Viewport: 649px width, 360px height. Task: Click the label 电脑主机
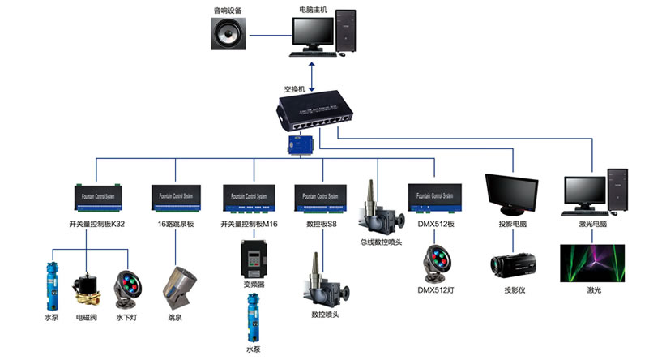[x=314, y=10]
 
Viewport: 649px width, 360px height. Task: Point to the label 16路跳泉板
[x=176, y=224]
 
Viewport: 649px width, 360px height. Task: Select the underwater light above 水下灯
[x=126, y=285]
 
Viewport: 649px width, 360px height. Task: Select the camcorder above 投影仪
[x=513, y=265]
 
